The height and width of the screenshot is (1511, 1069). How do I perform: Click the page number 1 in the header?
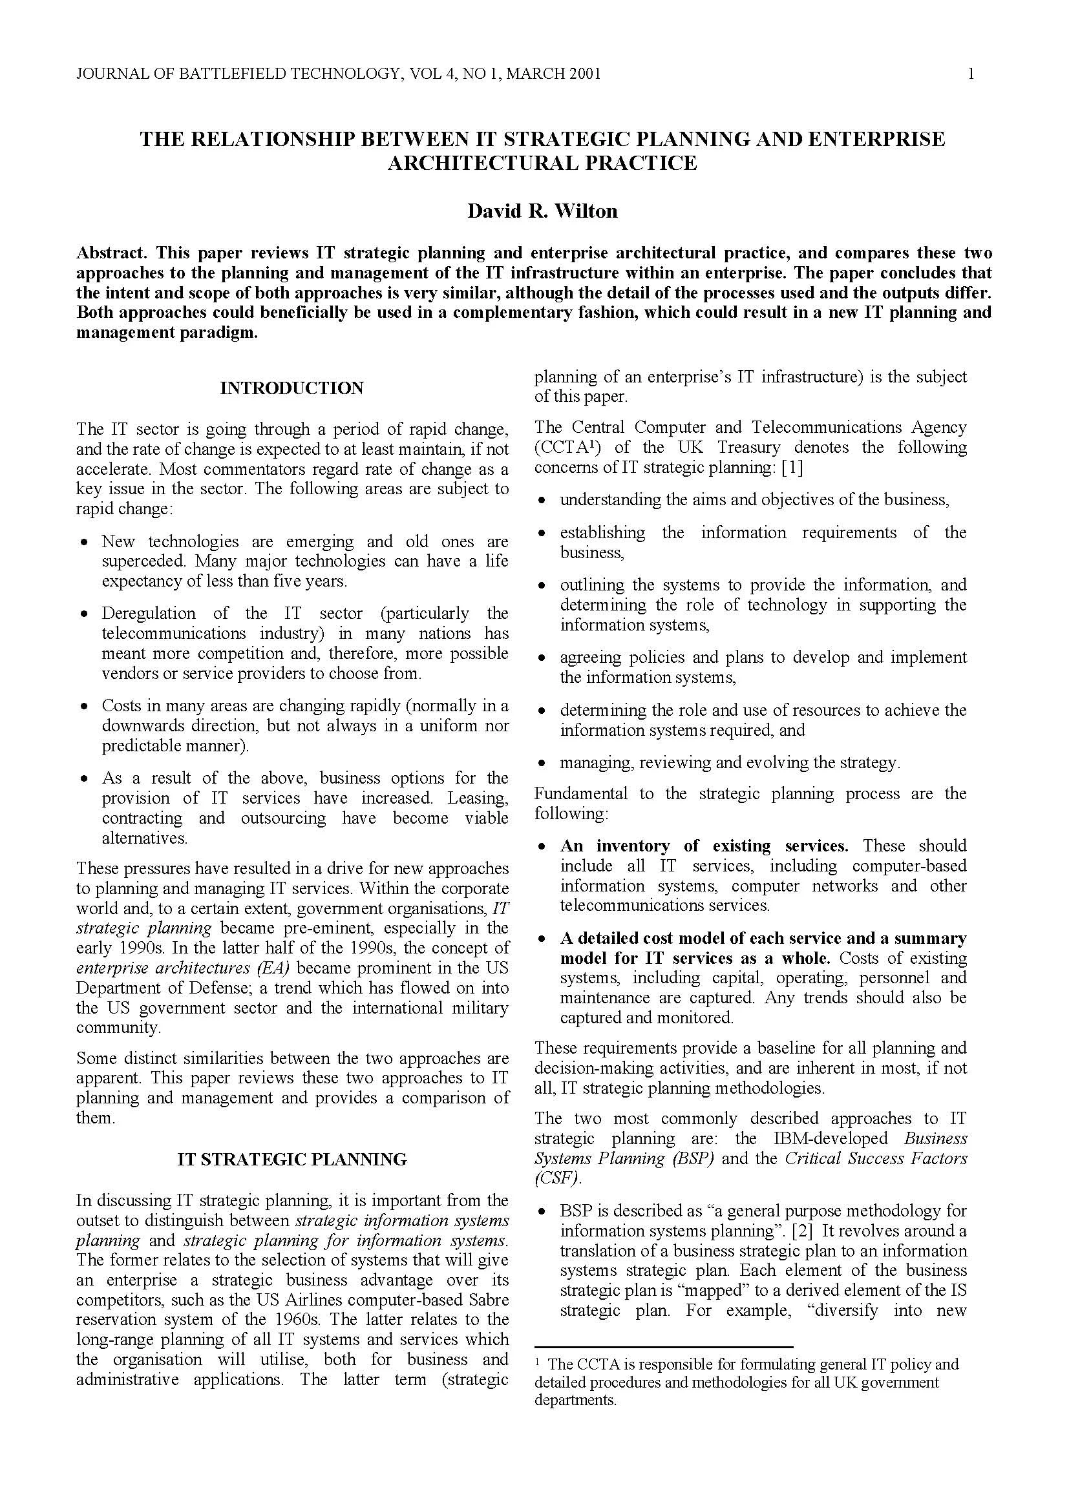tap(971, 74)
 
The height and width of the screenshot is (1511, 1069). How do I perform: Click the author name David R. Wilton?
tap(542, 211)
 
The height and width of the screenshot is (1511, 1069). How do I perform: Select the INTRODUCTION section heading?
tap(291, 388)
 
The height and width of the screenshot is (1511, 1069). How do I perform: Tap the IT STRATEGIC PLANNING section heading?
tap(291, 1159)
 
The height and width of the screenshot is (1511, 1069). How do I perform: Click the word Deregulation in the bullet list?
tap(148, 613)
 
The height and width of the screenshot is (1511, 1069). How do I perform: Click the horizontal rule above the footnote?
tap(664, 1347)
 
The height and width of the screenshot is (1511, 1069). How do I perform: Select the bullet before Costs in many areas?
tap(83, 707)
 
